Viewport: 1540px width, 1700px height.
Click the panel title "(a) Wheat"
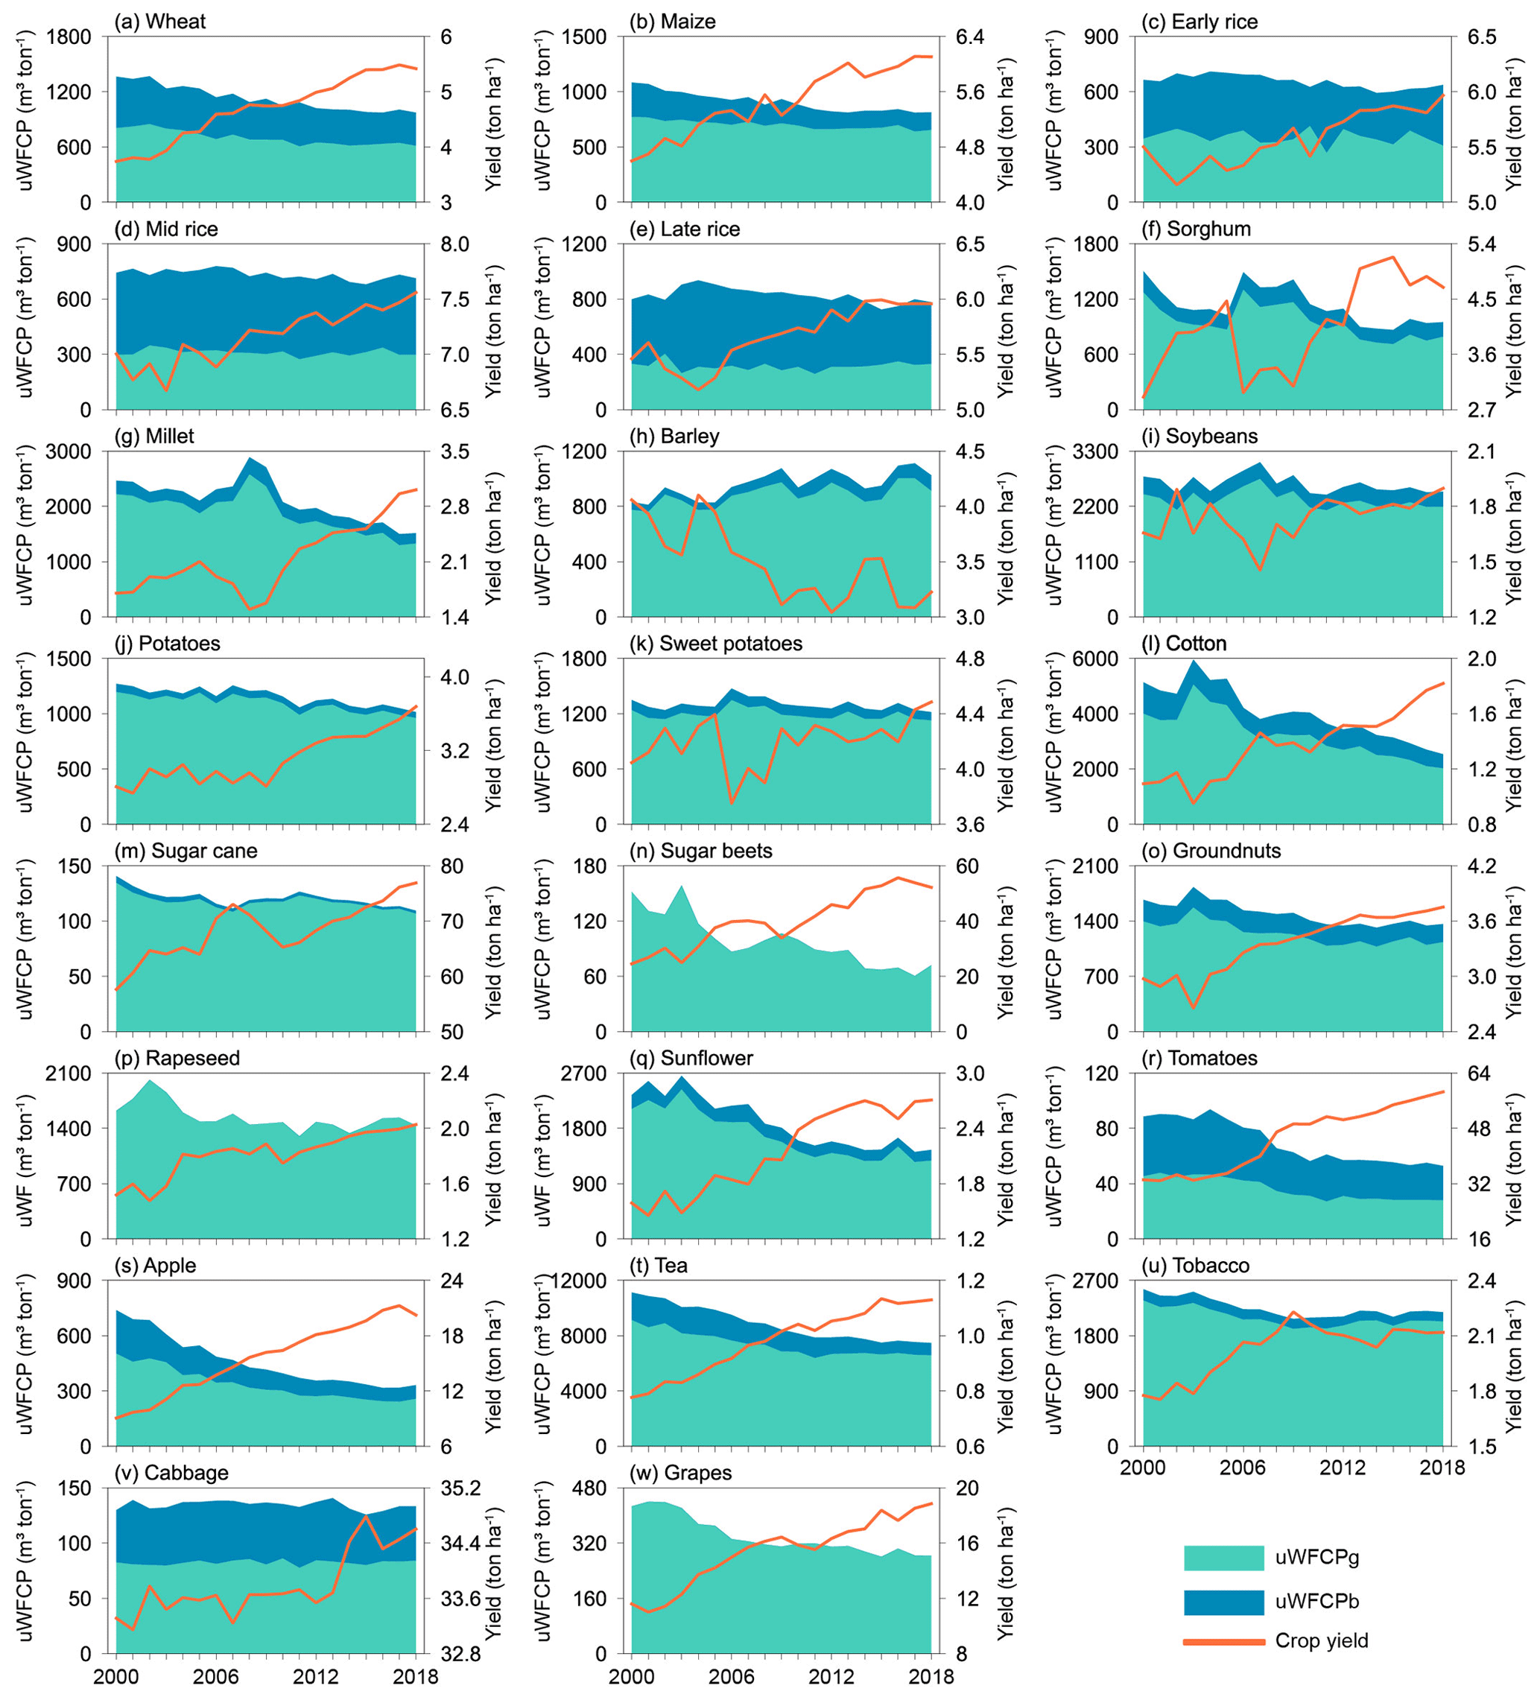point(159,22)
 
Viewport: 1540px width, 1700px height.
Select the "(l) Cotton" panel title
point(1183,644)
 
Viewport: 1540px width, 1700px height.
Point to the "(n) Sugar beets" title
point(701,851)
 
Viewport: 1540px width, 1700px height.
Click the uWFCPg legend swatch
point(1223,1558)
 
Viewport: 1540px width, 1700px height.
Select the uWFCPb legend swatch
point(1223,1602)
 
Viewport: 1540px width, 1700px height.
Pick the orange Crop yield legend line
point(1223,1642)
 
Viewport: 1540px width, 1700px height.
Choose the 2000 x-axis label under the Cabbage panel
point(115,1675)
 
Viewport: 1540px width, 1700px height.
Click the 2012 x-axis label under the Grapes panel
point(831,1675)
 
